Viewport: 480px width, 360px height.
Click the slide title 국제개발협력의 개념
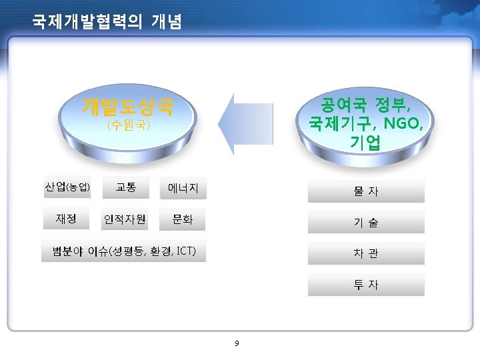click(x=107, y=22)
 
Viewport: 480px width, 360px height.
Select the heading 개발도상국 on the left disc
click(x=127, y=106)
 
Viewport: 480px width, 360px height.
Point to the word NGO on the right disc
click(x=403, y=123)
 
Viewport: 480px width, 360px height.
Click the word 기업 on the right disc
click(x=365, y=142)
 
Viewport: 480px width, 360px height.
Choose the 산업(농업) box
click(x=67, y=187)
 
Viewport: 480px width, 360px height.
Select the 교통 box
click(x=126, y=187)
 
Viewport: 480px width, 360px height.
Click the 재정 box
click(x=67, y=218)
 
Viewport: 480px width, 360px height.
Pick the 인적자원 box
click(x=125, y=219)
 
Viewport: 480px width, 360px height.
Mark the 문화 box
click(x=183, y=219)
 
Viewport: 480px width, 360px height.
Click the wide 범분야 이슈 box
click(x=124, y=251)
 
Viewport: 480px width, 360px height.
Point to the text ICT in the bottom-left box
click(x=186, y=251)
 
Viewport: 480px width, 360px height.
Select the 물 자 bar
click(x=365, y=191)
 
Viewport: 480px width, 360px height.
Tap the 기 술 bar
click(x=365, y=223)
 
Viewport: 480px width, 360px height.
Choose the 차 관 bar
click(x=365, y=253)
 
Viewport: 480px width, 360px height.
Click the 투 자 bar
click(x=365, y=285)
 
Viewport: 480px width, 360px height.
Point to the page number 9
click(x=237, y=344)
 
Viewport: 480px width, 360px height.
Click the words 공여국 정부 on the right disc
click(x=365, y=105)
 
